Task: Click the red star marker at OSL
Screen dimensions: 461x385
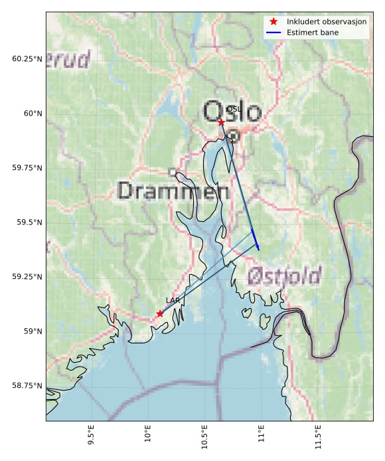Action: coord(221,122)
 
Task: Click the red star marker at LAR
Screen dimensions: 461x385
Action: coord(160,314)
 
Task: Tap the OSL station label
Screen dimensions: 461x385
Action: coord(233,109)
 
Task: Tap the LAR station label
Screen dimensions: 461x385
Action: coord(173,301)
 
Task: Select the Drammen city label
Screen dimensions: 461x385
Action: coord(173,191)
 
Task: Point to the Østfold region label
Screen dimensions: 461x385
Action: coord(284,276)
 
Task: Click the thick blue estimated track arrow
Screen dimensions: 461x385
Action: coord(256,240)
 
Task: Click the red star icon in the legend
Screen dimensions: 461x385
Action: coord(273,22)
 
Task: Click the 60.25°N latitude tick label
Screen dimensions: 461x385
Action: coord(27,59)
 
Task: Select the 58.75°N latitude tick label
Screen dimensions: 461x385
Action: coord(27,386)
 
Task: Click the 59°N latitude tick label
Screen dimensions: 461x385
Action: coord(31,331)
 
